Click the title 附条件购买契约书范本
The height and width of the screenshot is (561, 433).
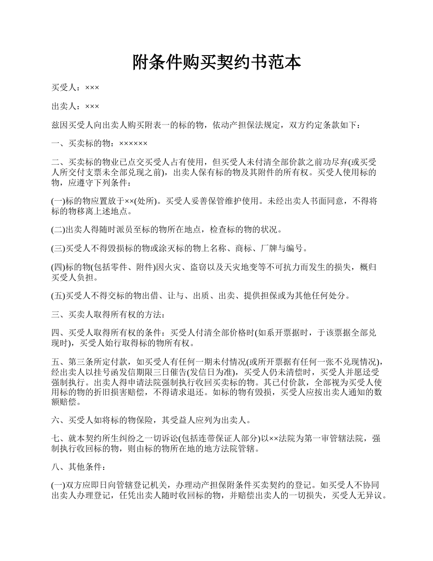tap(216, 62)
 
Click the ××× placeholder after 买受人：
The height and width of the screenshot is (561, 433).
tap(92, 87)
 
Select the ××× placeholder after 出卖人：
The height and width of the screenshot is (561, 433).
tap(92, 106)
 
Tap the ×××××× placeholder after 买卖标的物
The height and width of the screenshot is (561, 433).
tap(133, 144)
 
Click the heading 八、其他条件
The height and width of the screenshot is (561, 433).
tap(78, 467)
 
